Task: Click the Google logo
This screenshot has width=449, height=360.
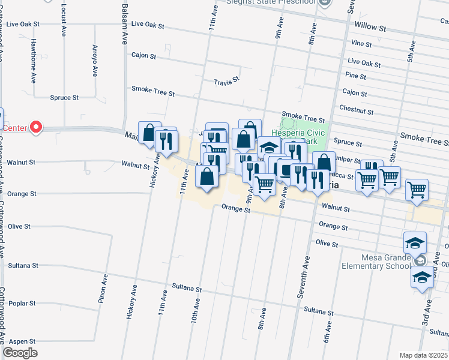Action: point(20,353)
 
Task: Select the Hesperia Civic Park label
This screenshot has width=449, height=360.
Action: point(298,136)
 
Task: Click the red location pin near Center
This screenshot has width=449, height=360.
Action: point(35,127)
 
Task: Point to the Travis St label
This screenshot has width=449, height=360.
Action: point(227,80)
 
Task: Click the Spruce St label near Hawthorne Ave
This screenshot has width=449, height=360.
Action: point(64,97)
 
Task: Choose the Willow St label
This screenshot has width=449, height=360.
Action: point(373,26)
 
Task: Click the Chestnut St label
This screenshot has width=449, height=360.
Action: point(357,112)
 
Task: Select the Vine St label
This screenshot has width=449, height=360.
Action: point(362,44)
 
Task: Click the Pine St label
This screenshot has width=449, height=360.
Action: point(355,76)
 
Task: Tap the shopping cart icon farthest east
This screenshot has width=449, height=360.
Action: point(417,190)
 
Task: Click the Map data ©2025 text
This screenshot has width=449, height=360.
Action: point(423,355)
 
